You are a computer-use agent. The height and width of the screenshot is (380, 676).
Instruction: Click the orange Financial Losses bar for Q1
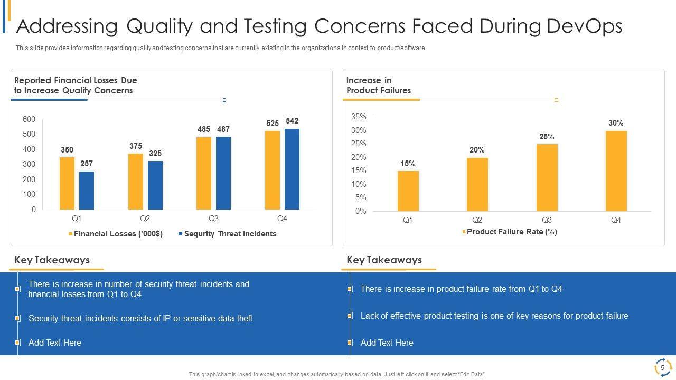click(67, 183)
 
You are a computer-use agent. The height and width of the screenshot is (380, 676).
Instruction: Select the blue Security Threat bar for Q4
click(292, 169)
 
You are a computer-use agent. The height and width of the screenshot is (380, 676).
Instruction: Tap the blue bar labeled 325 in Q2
click(155, 185)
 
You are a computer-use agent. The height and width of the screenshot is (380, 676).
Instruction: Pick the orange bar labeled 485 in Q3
click(204, 173)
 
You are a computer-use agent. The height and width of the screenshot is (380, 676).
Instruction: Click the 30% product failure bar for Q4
click(616, 170)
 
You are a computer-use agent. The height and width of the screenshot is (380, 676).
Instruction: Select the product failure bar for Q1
click(408, 191)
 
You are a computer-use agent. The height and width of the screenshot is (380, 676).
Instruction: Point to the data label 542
click(292, 121)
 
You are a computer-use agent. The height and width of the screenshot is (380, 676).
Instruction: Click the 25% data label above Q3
click(547, 137)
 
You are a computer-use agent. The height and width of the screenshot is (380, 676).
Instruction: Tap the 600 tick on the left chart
click(29, 119)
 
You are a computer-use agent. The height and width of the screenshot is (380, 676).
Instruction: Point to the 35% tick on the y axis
click(359, 117)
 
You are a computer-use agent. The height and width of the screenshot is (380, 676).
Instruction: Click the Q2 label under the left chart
click(145, 218)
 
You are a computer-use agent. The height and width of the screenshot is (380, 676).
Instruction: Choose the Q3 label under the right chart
click(547, 220)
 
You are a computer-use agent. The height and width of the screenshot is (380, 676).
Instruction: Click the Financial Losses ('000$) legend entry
click(116, 234)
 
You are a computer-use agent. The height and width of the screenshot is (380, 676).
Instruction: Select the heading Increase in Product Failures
click(378, 85)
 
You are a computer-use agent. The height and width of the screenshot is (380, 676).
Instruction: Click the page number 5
click(662, 368)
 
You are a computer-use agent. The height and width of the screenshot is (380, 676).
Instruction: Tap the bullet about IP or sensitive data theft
click(140, 319)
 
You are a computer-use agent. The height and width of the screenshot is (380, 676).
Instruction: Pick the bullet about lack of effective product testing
click(494, 316)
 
